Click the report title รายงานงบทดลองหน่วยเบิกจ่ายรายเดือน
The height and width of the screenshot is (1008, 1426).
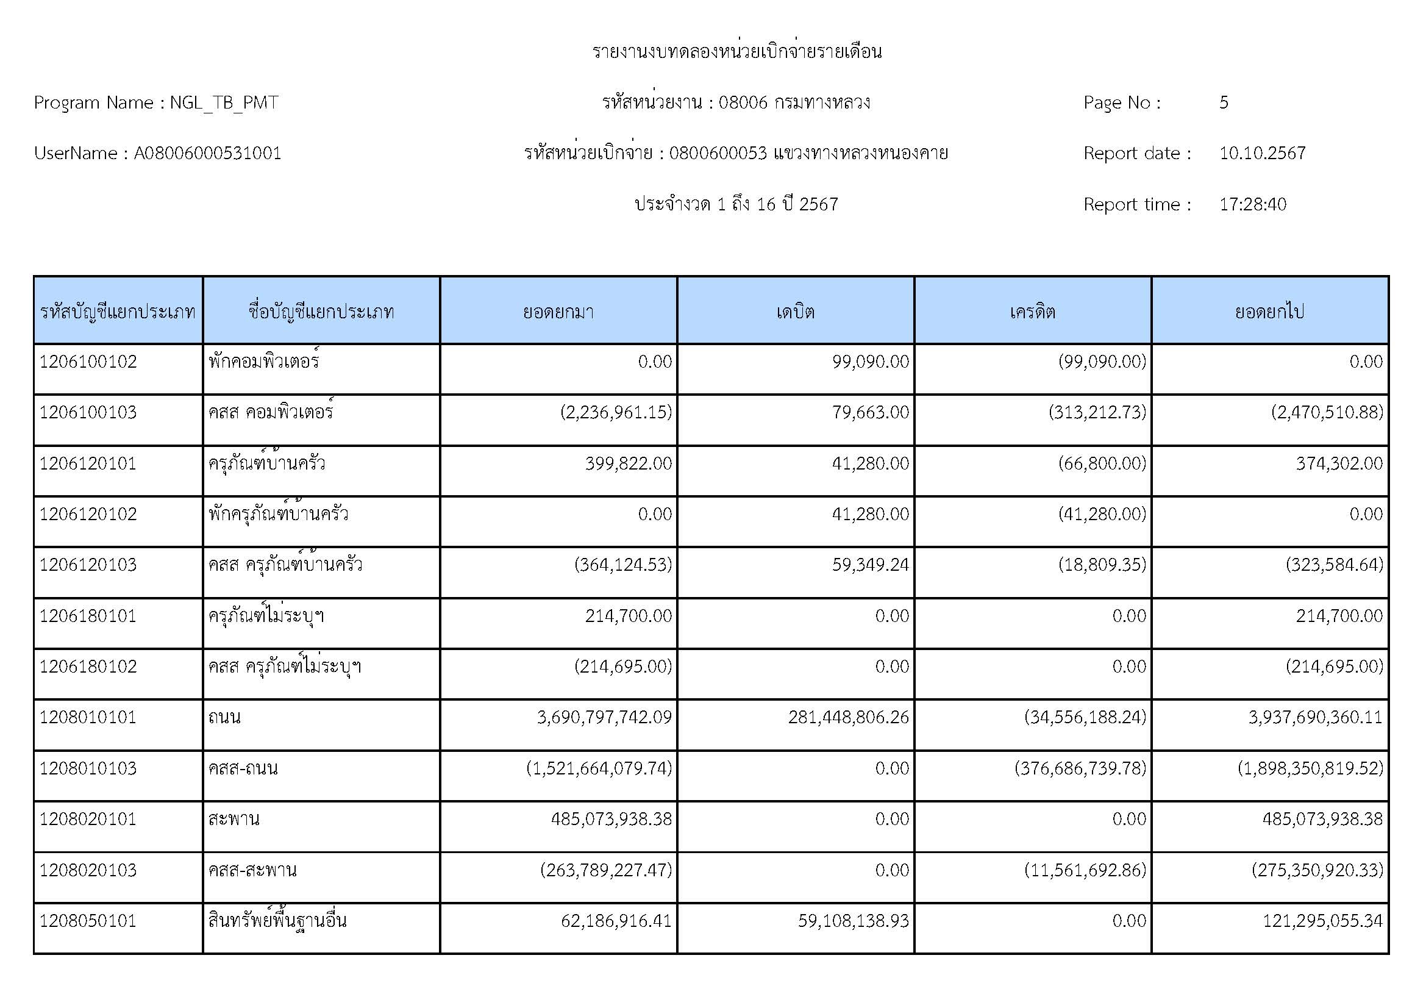pos(736,52)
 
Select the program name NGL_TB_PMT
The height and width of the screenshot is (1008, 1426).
pos(224,102)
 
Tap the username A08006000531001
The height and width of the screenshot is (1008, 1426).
pos(207,154)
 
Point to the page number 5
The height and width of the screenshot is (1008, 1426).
pos(1224,102)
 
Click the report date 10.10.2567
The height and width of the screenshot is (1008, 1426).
pos(1262,154)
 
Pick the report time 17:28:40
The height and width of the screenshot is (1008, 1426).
pos(1252,204)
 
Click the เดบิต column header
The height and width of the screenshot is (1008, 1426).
pos(795,311)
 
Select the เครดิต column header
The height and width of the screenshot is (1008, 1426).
pos(1032,311)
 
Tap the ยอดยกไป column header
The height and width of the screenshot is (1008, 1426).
pos(1269,311)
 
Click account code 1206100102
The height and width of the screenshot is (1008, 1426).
pos(88,362)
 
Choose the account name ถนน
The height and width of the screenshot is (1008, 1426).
pos(225,717)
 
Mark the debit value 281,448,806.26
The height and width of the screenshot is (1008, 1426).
pos(849,717)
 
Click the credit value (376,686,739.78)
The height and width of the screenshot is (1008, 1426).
pos(1081,768)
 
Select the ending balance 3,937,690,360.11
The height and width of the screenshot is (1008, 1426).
pos(1316,717)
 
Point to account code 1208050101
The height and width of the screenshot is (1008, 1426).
pos(88,920)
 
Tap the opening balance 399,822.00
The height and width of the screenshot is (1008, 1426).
pos(628,463)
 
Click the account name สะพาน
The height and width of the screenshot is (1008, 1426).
pos(234,819)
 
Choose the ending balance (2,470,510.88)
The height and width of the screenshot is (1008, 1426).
pos(1327,412)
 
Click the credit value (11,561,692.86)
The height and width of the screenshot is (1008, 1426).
pos(1085,870)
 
